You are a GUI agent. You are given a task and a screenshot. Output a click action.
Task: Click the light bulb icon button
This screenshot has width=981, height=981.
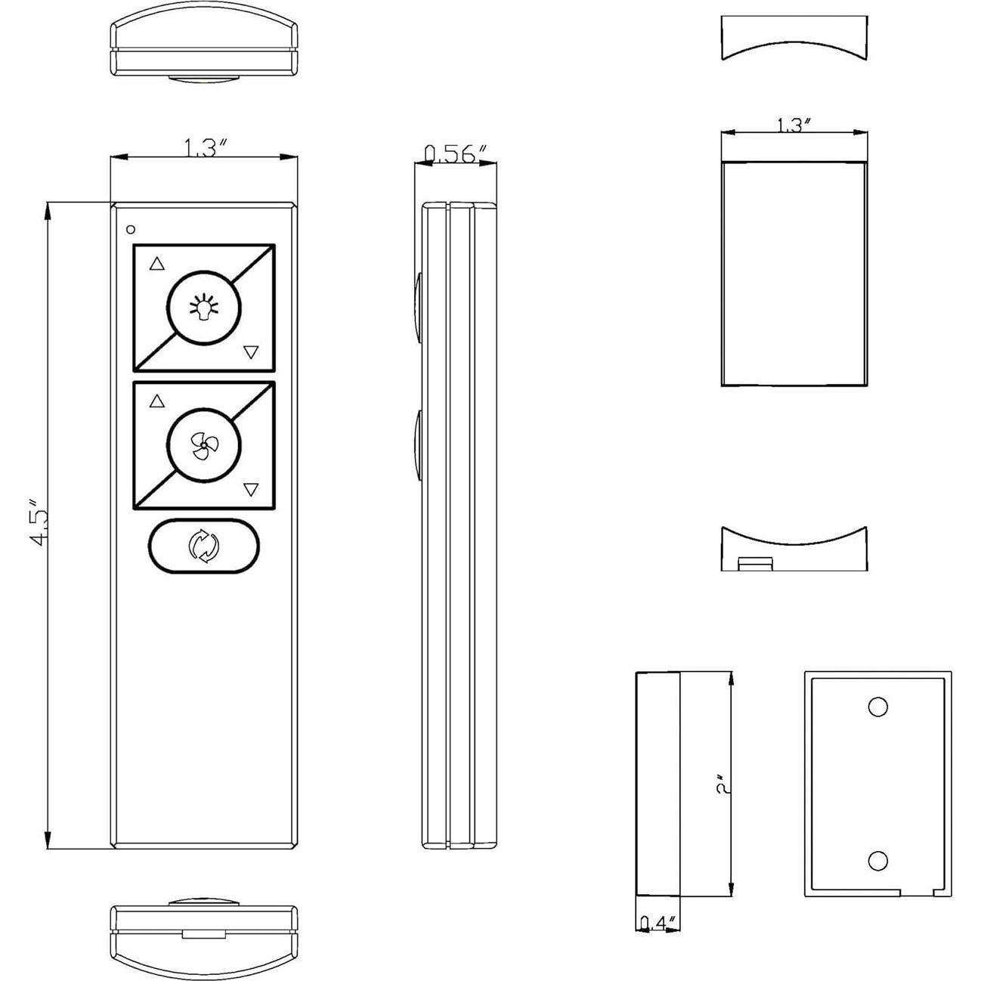coord(204,308)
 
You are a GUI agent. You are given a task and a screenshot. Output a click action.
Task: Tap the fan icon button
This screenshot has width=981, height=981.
coord(204,445)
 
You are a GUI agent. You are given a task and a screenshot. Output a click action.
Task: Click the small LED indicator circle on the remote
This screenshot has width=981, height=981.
coord(131,230)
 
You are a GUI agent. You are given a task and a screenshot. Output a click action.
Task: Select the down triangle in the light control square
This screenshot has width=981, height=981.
coord(251,351)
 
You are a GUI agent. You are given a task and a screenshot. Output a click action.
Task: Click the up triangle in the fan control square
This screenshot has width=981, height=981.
coord(157,401)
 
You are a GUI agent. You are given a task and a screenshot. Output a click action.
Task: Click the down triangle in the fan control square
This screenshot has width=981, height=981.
coord(251,489)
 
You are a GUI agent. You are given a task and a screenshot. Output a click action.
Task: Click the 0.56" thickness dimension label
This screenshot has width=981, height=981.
coord(456,153)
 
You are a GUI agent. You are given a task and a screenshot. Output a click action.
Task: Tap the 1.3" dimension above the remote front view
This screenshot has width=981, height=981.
coord(203,148)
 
